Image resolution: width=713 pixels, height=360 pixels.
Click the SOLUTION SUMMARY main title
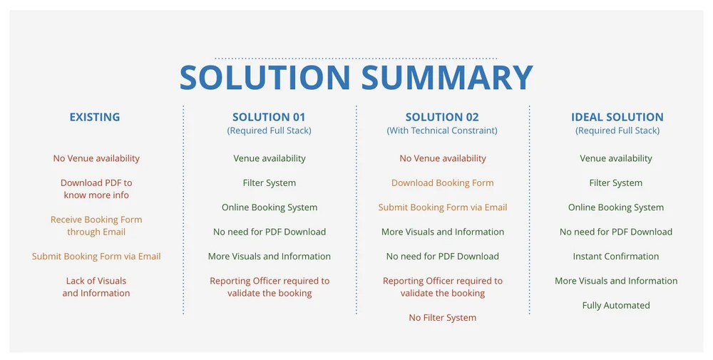click(356, 78)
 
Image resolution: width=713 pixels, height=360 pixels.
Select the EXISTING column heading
click(95, 117)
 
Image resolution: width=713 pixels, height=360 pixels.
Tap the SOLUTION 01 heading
click(269, 117)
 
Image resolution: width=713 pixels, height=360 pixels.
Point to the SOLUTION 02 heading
click(442, 117)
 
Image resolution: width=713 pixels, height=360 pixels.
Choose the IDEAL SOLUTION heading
click(617, 117)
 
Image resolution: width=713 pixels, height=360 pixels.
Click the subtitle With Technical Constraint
click(442, 130)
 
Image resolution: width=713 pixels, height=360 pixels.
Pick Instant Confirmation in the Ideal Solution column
click(616, 256)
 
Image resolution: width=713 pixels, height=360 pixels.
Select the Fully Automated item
click(616, 305)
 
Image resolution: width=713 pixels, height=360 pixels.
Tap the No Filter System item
click(442, 317)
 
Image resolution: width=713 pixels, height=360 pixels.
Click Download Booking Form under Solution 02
click(442, 182)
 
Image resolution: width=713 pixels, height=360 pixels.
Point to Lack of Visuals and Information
click(96, 287)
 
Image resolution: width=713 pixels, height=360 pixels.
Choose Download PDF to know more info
click(96, 189)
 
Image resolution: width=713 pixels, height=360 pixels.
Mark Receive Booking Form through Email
click(96, 225)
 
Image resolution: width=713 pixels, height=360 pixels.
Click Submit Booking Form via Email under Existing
click(96, 256)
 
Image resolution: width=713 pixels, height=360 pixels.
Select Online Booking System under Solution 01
click(269, 207)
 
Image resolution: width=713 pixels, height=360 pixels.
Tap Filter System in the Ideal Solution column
click(616, 182)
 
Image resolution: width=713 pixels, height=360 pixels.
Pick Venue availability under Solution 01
click(269, 158)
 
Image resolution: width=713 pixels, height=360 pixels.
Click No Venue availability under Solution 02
click(442, 158)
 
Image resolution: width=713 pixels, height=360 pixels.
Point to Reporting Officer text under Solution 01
click(269, 287)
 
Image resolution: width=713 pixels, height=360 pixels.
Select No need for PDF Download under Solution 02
click(442, 256)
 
